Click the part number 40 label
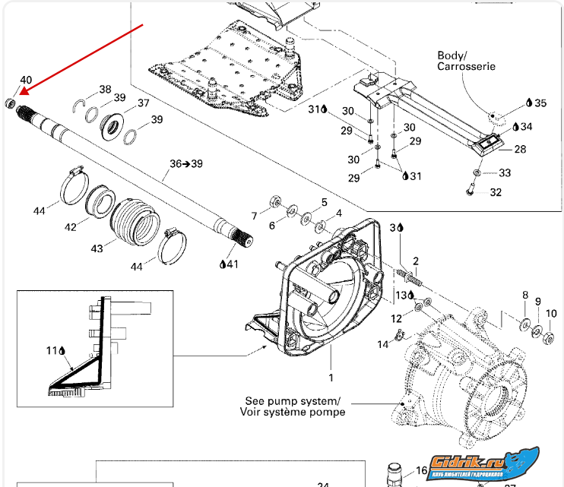(x=26, y=81)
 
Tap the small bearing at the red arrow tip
(x=10, y=103)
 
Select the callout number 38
(x=105, y=89)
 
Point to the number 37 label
(x=143, y=103)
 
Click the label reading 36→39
(x=186, y=163)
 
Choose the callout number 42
(x=71, y=226)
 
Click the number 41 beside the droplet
(x=232, y=264)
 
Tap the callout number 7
(x=255, y=217)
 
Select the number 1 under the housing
(x=331, y=377)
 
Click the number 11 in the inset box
(x=52, y=351)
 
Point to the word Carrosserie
(x=466, y=67)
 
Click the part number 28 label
(x=520, y=150)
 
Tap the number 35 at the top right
(x=540, y=103)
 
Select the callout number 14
(x=384, y=345)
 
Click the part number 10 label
(x=551, y=313)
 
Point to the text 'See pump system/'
(x=293, y=400)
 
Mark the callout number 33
(x=505, y=173)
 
